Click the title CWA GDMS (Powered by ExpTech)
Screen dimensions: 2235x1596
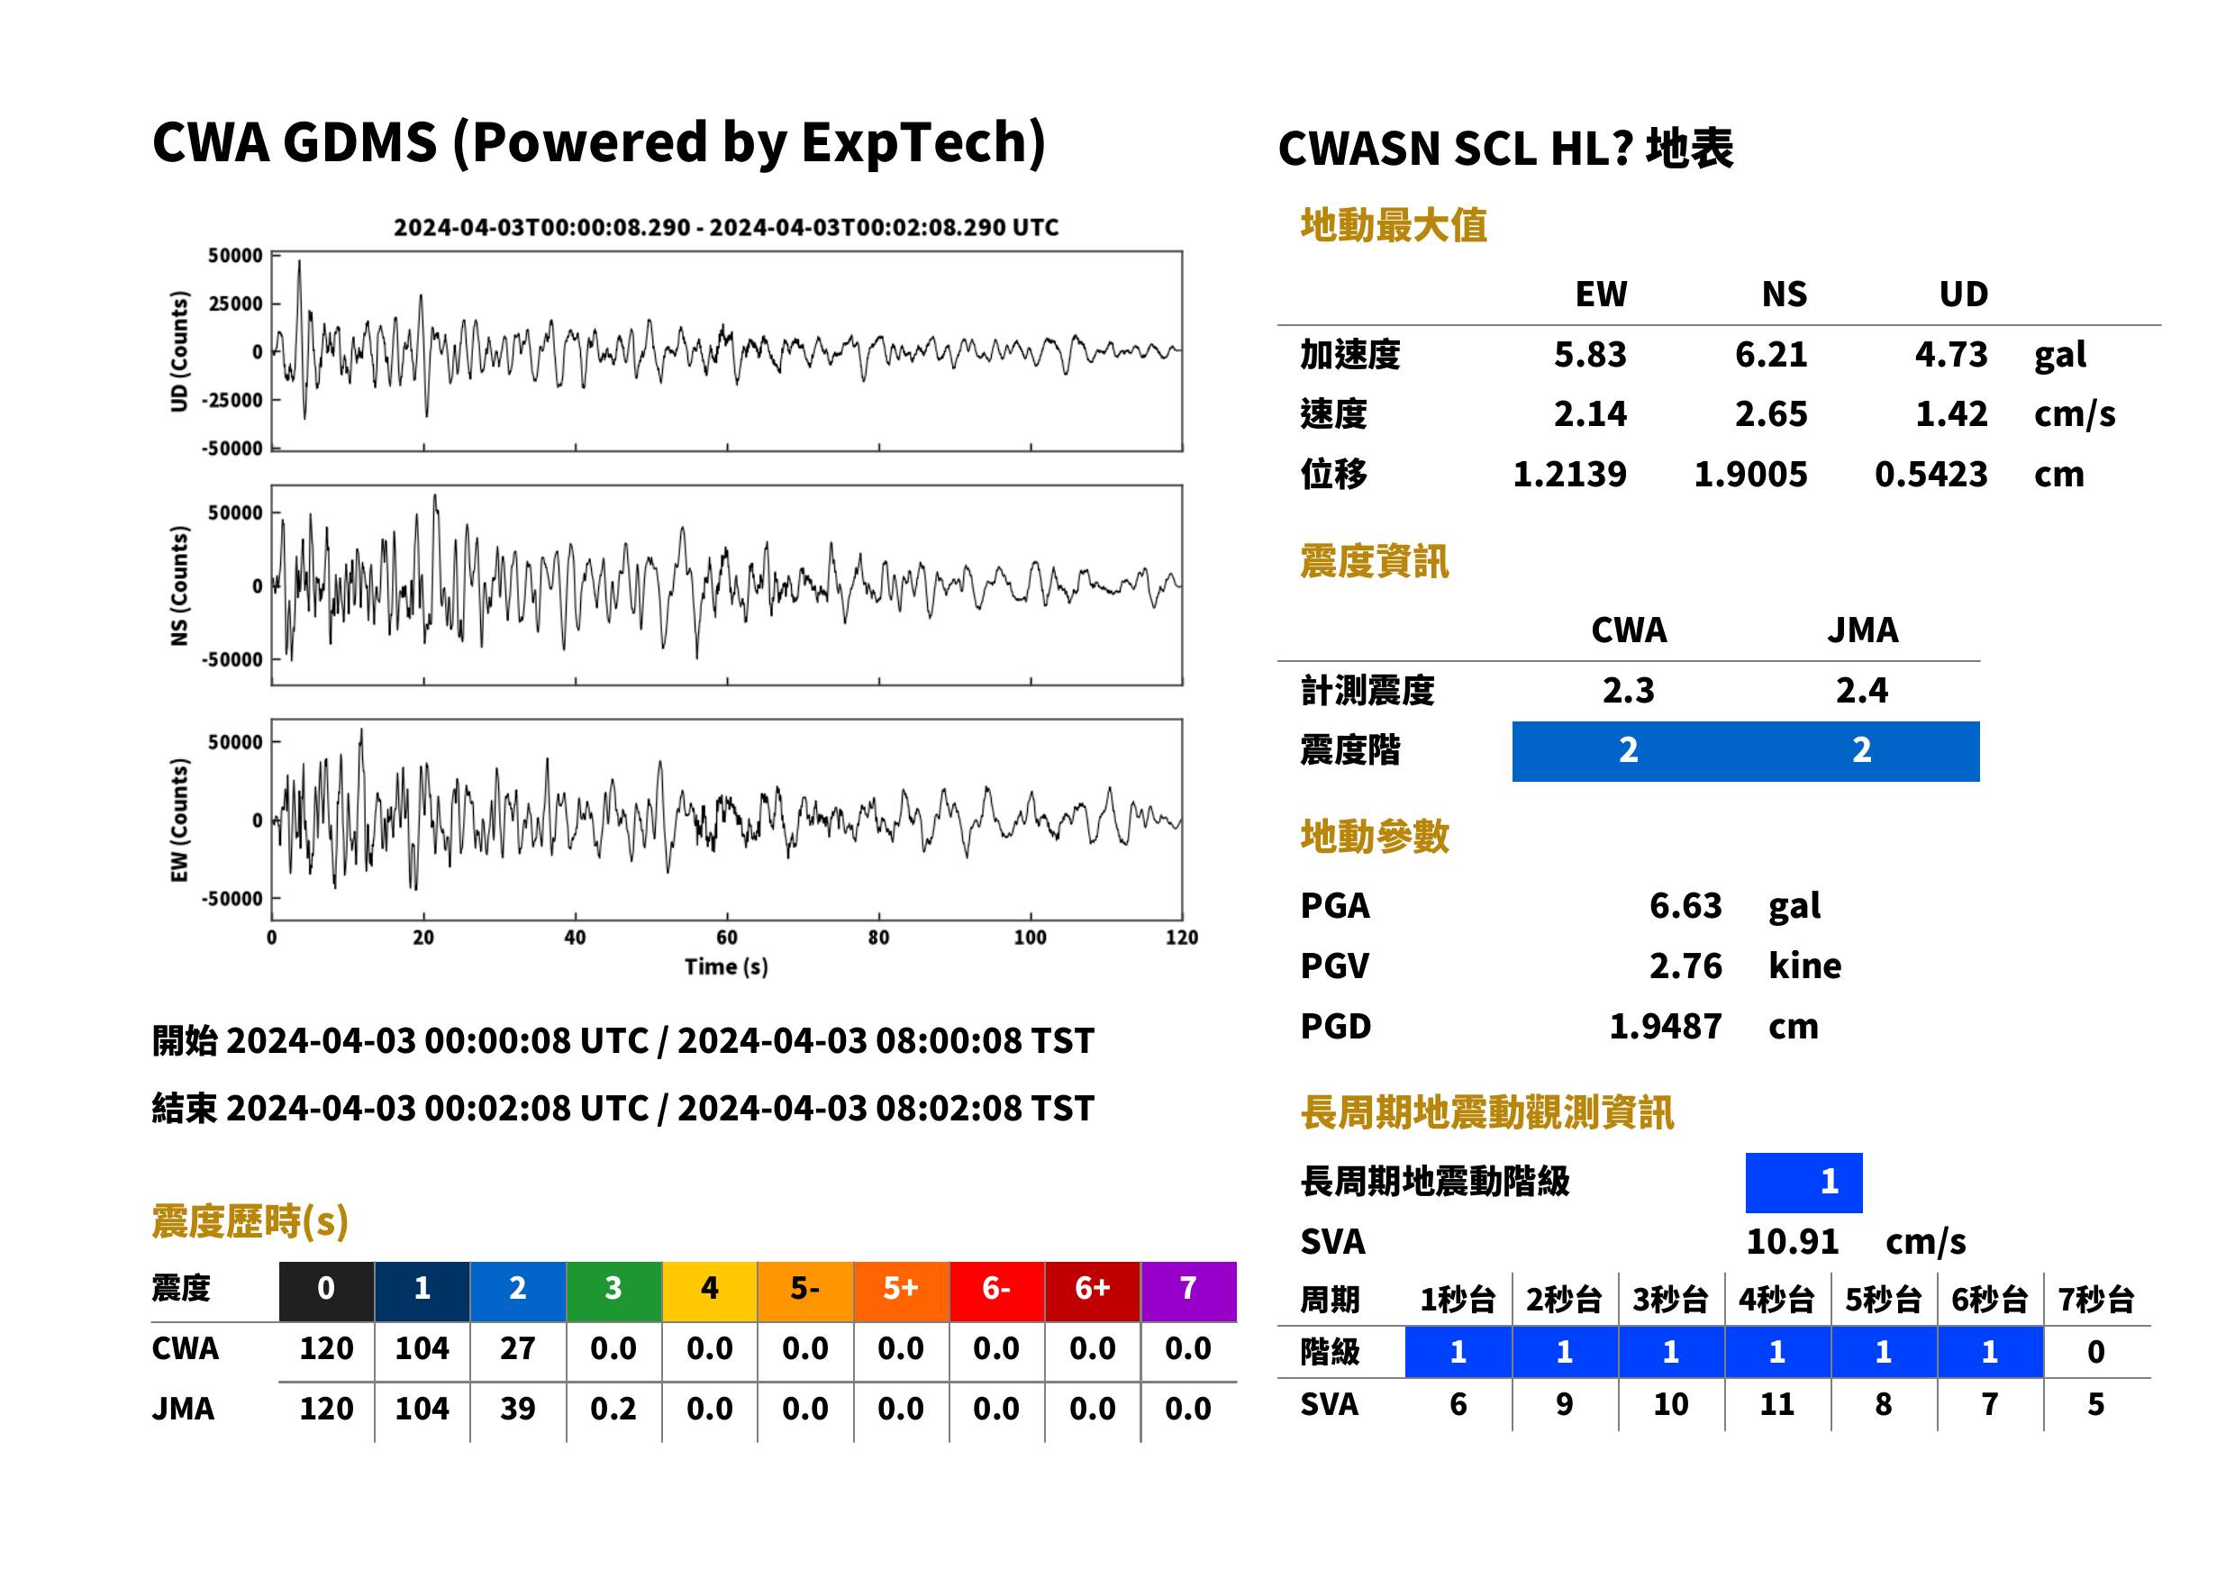(x=598, y=143)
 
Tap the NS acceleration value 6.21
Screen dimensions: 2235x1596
(x=1770, y=355)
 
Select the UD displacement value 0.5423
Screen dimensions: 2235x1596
(x=1931, y=475)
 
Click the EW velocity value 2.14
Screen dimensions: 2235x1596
(x=1589, y=414)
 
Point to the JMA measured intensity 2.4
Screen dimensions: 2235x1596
(x=1861, y=691)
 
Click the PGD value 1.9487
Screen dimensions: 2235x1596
(x=1665, y=1027)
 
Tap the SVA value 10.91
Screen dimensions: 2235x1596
(x=1792, y=1242)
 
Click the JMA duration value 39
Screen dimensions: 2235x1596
(x=518, y=1410)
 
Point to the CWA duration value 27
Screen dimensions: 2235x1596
(x=518, y=1349)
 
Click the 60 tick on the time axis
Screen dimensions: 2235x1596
(x=726, y=938)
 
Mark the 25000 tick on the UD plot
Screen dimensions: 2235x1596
(x=235, y=304)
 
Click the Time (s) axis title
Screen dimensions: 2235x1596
(x=726, y=967)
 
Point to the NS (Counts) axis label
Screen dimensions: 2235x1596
(x=179, y=585)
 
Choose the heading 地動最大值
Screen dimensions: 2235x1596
(x=1394, y=226)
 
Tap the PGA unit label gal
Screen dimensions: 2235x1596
(x=1794, y=906)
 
